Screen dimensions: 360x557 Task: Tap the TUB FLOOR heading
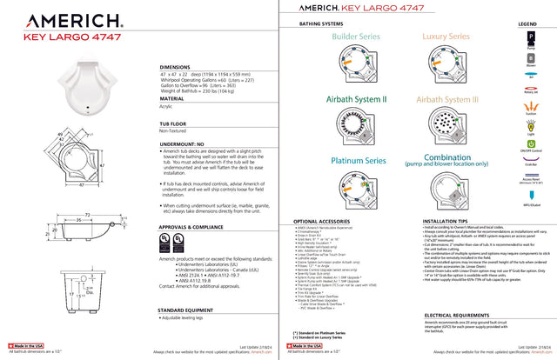pyautogui.click(x=178, y=125)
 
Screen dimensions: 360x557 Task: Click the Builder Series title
pyautogui.click(x=356, y=37)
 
